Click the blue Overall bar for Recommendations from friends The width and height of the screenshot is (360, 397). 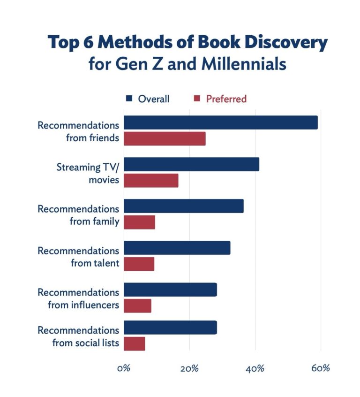point(220,122)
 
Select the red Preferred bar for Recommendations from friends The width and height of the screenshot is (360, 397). point(165,139)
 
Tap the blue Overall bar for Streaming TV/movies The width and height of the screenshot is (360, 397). point(191,164)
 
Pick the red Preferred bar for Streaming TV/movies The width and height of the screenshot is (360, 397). point(151,181)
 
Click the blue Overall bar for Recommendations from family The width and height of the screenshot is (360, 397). point(183,206)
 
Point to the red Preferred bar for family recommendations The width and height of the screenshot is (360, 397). point(139,222)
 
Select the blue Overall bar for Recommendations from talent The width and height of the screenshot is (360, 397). point(177,248)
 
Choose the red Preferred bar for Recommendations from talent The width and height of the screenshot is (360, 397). point(139,264)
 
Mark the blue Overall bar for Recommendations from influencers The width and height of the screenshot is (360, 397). point(170,290)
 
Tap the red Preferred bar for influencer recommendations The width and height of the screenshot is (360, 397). point(137,306)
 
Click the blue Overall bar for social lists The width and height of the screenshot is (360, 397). point(170,328)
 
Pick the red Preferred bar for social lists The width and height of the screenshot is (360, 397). point(134,344)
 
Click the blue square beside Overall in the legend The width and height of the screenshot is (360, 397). point(129,99)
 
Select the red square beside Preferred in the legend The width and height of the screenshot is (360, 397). point(197,99)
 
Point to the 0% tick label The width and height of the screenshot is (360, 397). point(123,368)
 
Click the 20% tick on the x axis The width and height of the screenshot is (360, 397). point(189,368)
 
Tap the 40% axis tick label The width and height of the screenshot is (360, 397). point(255,368)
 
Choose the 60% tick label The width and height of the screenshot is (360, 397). point(321,368)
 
